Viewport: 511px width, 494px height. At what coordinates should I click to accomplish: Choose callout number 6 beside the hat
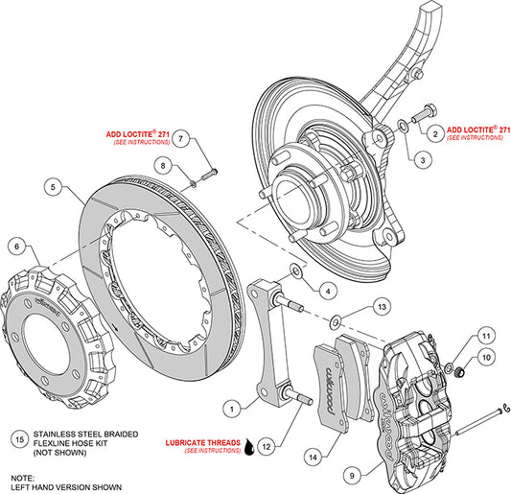(16, 247)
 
